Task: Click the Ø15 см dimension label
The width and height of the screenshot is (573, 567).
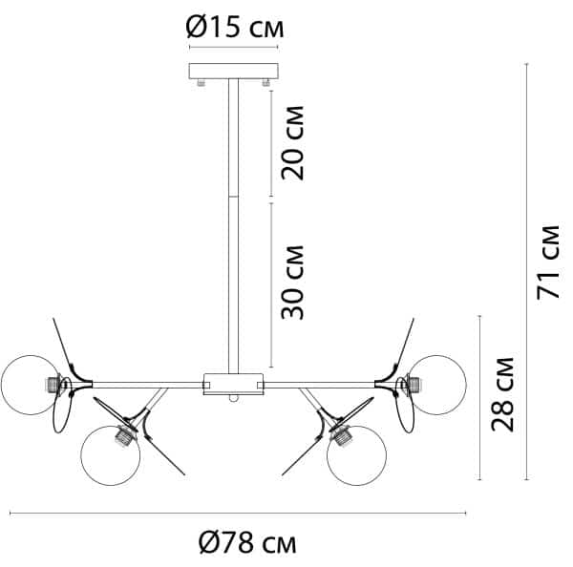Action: click(x=235, y=29)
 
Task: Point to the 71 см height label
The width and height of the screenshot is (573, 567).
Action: click(x=548, y=262)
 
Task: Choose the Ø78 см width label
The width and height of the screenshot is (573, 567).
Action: click(x=247, y=544)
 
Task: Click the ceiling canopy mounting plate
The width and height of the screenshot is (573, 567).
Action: click(x=233, y=73)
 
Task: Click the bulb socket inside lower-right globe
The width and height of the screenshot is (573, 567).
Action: click(x=337, y=440)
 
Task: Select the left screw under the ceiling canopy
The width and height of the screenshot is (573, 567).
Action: click(x=201, y=85)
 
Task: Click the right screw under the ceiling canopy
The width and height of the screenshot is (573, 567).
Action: click(x=265, y=85)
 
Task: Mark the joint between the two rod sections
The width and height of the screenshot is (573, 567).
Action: click(x=233, y=199)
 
